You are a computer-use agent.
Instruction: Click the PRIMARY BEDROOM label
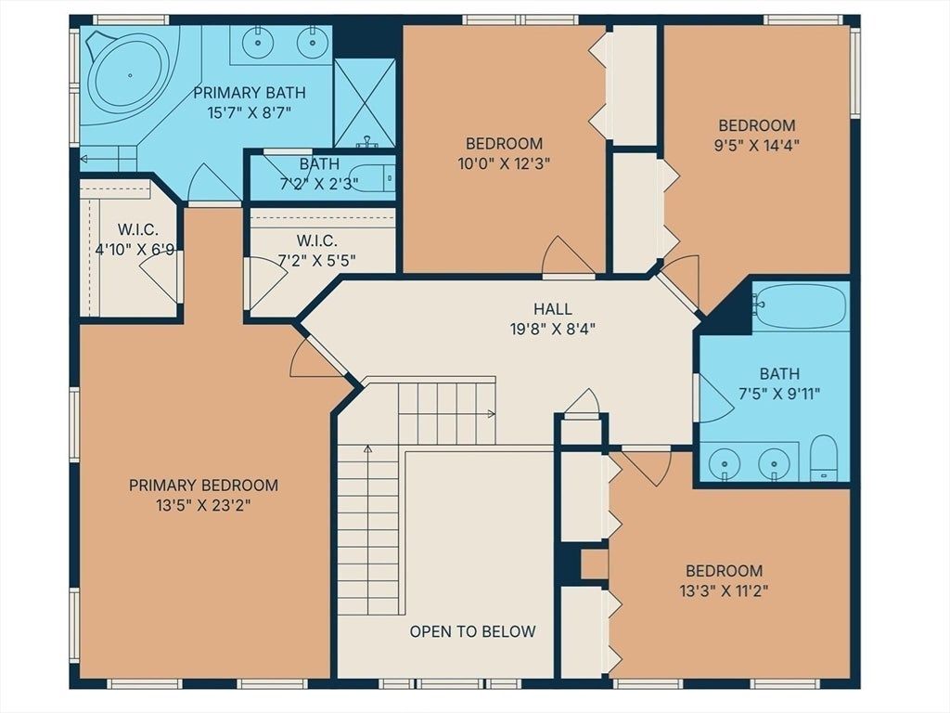click(x=203, y=485)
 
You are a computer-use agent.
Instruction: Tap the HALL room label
click(x=553, y=309)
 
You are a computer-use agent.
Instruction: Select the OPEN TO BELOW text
click(x=472, y=631)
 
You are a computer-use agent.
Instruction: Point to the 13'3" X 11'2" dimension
click(x=724, y=590)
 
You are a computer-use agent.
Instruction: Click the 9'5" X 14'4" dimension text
click(x=757, y=146)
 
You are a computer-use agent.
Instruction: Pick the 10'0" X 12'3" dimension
click(x=504, y=163)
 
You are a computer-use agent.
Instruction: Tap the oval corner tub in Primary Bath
click(x=130, y=76)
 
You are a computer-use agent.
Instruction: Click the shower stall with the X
click(x=365, y=103)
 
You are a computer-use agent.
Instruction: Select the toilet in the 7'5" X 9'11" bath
click(x=824, y=457)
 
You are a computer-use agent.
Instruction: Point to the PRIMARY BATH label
click(x=250, y=93)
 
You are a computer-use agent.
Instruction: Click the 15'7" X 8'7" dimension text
click(x=250, y=112)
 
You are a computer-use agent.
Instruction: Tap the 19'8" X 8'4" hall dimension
click(x=553, y=330)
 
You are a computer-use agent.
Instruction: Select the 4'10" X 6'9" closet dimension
click(x=135, y=249)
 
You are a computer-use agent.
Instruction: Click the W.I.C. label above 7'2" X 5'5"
click(x=317, y=240)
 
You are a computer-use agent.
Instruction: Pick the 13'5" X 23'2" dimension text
click(x=203, y=505)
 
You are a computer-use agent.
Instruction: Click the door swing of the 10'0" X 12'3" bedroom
click(x=566, y=257)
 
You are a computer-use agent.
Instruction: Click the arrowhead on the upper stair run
click(x=492, y=414)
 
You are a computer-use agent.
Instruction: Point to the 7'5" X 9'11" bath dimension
click(x=779, y=394)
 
